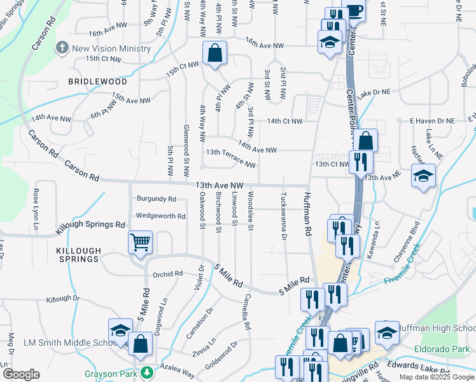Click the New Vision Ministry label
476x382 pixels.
111,49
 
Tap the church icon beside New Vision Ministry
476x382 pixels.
62,48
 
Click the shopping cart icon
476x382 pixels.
139,242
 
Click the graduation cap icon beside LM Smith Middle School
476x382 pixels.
120,330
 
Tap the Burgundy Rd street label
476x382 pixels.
151,199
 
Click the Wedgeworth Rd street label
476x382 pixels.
160,216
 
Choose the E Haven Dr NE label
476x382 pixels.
432,120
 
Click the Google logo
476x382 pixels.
21,374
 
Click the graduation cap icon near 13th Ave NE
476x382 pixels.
423,176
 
